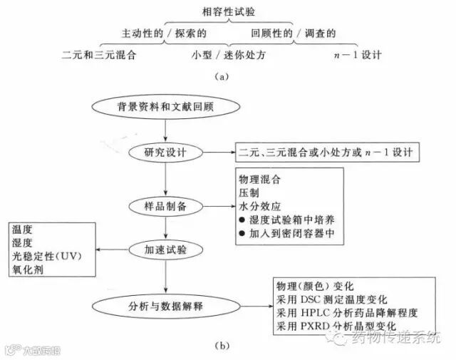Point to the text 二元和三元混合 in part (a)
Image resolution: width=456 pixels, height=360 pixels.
coord(99,53)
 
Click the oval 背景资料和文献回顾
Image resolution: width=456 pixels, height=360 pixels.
coord(165,107)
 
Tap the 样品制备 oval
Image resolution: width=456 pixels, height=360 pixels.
coord(165,205)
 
